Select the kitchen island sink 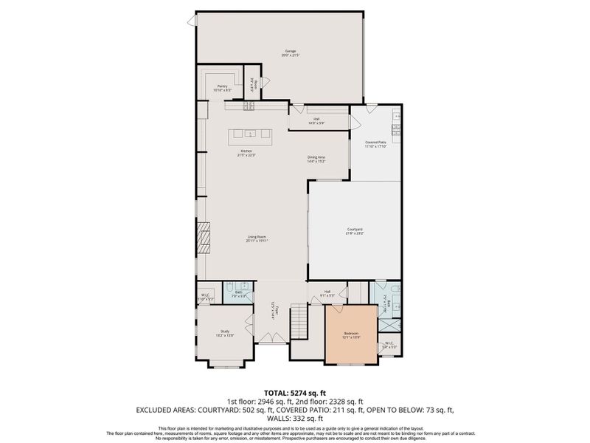(250, 134)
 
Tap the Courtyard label (355, 230)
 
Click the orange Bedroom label (351, 334)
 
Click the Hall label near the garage (316, 121)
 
